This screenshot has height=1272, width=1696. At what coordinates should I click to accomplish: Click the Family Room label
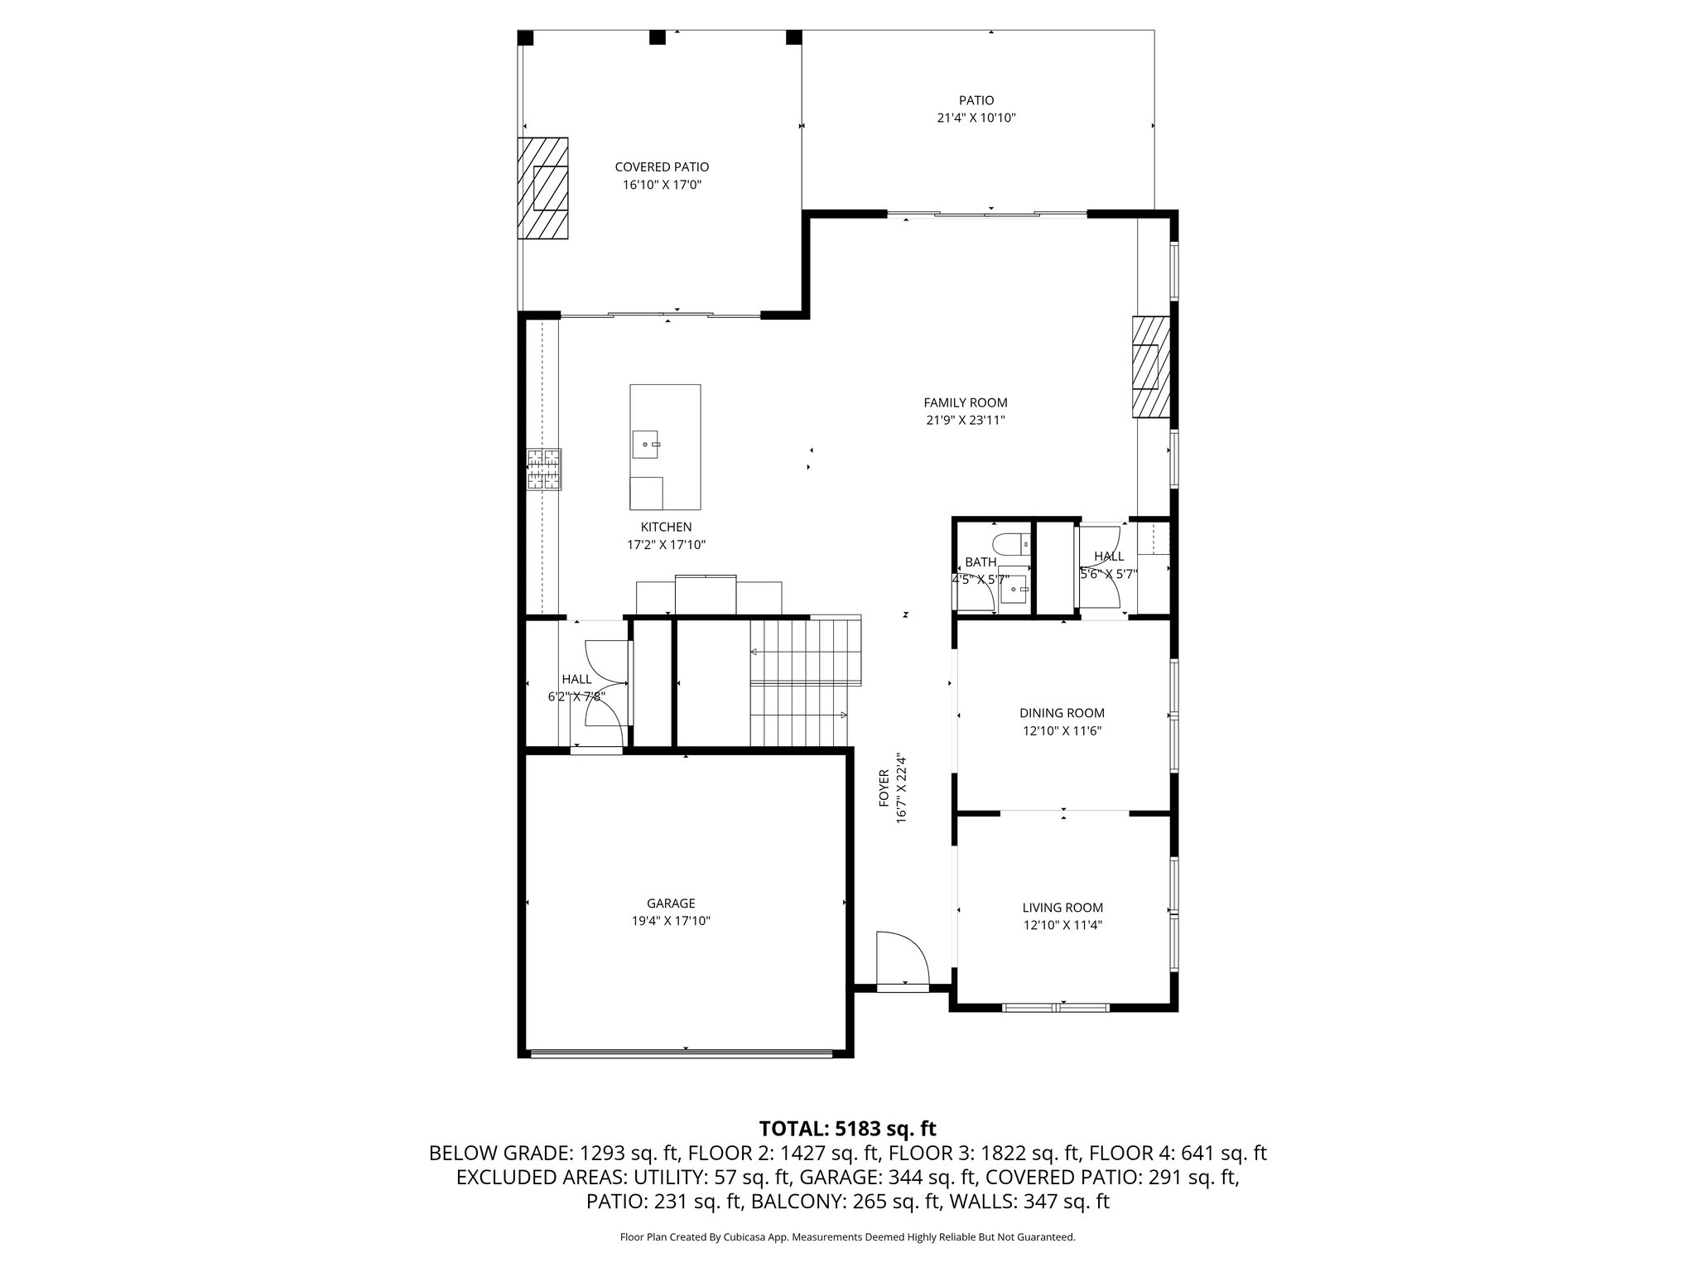coord(966,403)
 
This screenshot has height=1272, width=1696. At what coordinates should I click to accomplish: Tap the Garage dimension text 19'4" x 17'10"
coord(671,921)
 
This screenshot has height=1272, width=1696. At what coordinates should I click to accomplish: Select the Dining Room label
coord(1062,713)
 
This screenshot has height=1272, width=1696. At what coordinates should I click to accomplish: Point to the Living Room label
coord(1062,908)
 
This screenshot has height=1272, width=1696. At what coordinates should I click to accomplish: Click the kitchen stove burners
coord(544,470)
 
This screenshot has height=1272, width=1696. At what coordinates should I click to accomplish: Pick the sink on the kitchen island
coord(646,445)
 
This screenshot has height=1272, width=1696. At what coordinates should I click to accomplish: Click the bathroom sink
coord(1014,593)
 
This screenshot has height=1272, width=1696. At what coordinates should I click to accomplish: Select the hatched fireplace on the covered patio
coord(543,188)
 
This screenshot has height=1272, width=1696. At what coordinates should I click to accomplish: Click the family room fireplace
coord(1151,368)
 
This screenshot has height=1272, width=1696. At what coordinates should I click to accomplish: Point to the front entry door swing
coord(903,960)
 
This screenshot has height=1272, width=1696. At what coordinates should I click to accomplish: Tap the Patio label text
coord(976,100)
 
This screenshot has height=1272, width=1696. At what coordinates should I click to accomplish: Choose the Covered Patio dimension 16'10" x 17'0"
coord(662,185)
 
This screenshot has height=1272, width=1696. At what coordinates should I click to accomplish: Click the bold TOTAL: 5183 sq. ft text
coord(847,1128)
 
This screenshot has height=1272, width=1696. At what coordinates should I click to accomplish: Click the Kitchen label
coord(666,527)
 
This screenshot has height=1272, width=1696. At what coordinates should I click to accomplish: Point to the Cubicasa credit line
coord(847,1237)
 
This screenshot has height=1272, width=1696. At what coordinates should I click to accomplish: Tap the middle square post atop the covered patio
coord(658,37)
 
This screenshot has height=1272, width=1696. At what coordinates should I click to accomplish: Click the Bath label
coord(980,562)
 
